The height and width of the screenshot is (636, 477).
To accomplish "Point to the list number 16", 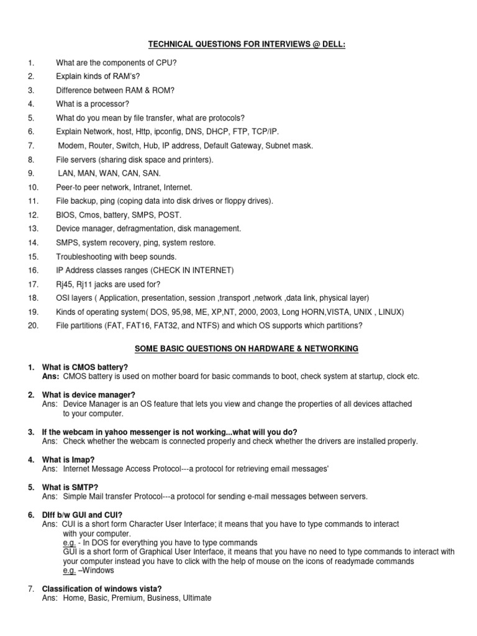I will click(x=33, y=270).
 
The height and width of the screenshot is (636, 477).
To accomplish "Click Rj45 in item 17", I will click(x=64, y=284).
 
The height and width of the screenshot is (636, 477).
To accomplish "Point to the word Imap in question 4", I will click(x=76, y=460).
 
